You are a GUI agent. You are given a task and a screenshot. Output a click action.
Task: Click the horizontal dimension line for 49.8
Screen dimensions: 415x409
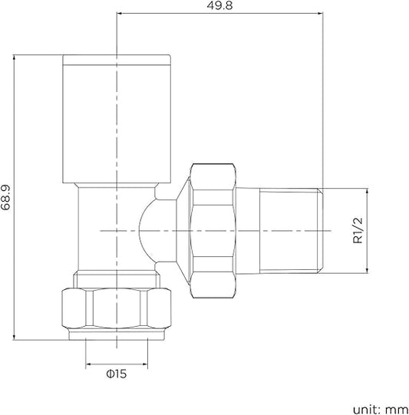(219, 14)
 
